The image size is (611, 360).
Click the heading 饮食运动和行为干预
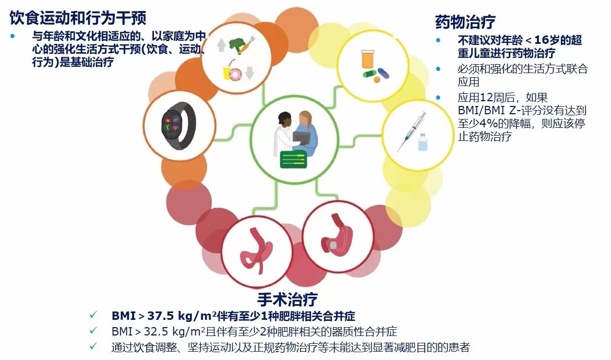78,18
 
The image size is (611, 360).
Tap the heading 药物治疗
465,22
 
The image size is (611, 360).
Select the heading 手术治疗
287,299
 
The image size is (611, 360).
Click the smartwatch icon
179,125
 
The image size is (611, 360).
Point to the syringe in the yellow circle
412,131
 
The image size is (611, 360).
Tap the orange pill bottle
367,59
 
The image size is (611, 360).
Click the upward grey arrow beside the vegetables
221,45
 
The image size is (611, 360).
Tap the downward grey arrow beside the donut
250,72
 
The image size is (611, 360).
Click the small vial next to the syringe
423,142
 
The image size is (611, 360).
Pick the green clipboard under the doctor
293,159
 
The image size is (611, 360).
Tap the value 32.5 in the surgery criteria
156,331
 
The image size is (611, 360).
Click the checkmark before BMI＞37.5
93,315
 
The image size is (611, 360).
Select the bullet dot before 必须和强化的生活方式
438,69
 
